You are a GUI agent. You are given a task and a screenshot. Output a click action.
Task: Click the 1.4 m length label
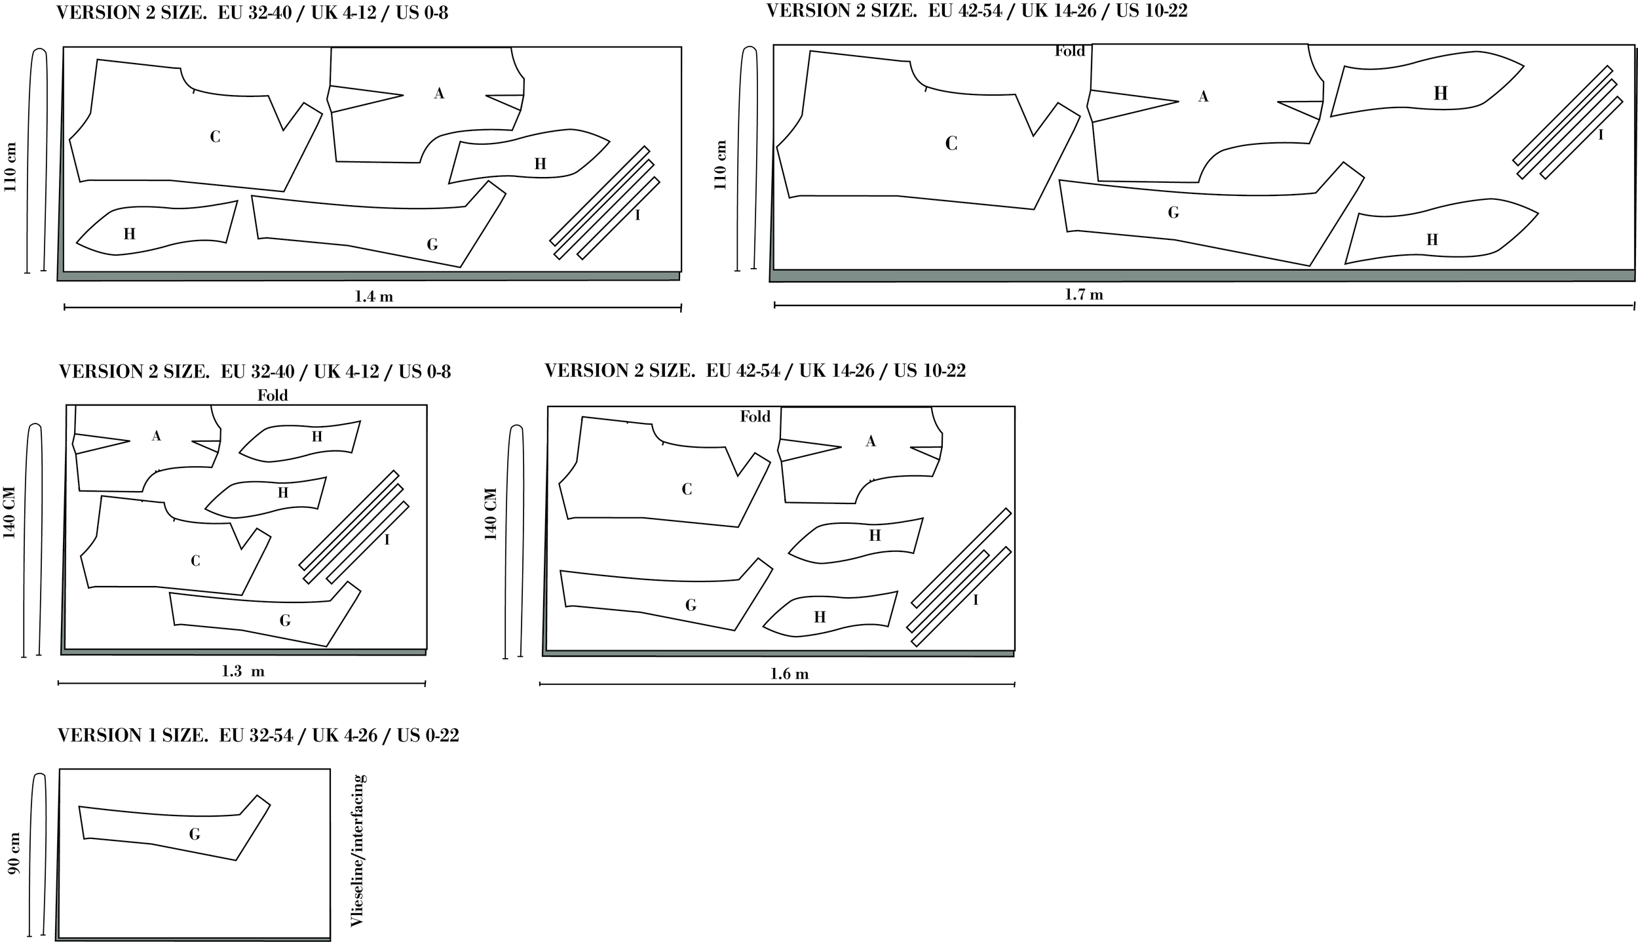pyautogui.click(x=373, y=296)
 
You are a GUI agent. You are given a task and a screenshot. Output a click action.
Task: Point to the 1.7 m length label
pyautogui.click(x=1084, y=295)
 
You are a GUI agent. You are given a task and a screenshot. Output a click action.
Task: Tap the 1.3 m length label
pyautogui.click(x=243, y=671)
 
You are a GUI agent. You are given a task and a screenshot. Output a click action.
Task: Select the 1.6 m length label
pyautogui.click(x=790, y=674)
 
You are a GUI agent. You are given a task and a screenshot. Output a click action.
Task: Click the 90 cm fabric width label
pyautogui.click(x=14, y=853)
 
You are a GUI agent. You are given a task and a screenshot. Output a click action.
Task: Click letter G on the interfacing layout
pyautogui.click(x=194, y=834)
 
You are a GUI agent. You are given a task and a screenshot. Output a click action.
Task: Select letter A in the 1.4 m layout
pyautogui.click(x=439, y=94)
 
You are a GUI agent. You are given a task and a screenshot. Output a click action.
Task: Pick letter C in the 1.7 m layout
pyautogui.click(x=951, y=143)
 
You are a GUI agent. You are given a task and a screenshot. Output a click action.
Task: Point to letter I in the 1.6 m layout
pyautogui.click(x=976, y=600)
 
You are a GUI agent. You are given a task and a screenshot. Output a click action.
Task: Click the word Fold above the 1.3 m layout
pyautogui.click(x=273, y=395)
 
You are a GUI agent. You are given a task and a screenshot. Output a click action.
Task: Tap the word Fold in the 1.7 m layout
pyautogui.click(x=1070, y=51)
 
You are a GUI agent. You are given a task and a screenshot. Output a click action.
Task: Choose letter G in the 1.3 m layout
pyautogui.click(x=284, y=620)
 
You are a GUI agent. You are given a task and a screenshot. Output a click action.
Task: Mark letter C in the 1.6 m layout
pyautogui.click(x=687, y=489)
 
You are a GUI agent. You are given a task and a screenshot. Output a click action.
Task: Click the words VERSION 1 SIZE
pyautogui.click(x=132, y=736)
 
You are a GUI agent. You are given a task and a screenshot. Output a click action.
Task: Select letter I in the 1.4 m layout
pyautogui.click(x=638, y=214)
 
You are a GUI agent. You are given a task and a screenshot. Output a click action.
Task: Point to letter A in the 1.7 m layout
pyautogui.click(x=1203, y=96)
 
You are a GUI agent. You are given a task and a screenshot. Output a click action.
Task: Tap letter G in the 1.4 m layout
pyautogui.click(x=432, y=245)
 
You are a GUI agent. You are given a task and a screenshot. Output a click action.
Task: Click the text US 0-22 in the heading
pyautogui.click(x=429, y=736)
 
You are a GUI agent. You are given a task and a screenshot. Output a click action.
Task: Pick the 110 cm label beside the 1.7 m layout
pyautogui.click(x=721, y=165)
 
